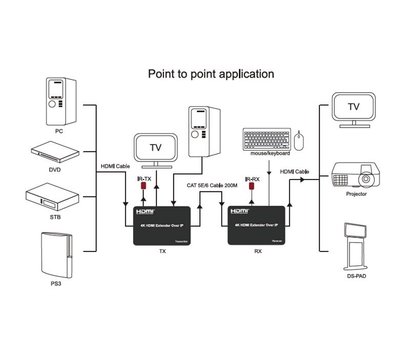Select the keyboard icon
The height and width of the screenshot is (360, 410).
coord(264,138)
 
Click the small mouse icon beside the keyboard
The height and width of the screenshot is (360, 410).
coord(298,138)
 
